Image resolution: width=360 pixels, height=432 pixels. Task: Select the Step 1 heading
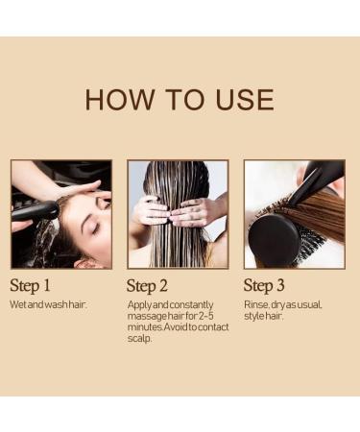click(31, 285)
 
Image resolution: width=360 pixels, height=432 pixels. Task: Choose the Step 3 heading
click(264, 285)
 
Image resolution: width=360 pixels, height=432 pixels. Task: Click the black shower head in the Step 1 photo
click(35, 209)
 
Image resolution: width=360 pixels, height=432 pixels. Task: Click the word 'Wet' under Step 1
click(17, 304)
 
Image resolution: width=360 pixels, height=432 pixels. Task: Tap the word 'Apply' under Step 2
click(139, 304)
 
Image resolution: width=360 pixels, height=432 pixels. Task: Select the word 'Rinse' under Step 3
click(256, 304)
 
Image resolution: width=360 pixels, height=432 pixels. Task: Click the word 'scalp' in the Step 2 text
click(139, 337)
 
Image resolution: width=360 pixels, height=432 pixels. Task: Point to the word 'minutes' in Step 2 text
click(144, 326)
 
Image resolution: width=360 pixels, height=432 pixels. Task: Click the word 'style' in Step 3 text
click(253, 315)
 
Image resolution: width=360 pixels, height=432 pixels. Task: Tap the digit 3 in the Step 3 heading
click(279, 285)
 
